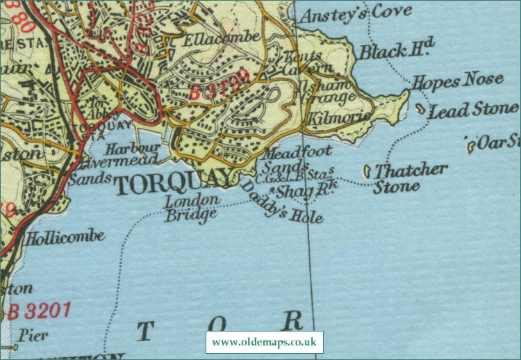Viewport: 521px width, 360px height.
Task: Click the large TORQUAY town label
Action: point(172,183)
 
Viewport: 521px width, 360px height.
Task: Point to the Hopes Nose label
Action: point(457,81)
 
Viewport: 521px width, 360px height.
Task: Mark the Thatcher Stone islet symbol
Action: point(367,170)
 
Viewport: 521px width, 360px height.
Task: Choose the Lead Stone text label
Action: point(474,110)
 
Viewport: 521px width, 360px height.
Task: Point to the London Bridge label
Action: point(192,206)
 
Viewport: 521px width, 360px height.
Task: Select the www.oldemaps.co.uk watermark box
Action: point(264,342)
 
